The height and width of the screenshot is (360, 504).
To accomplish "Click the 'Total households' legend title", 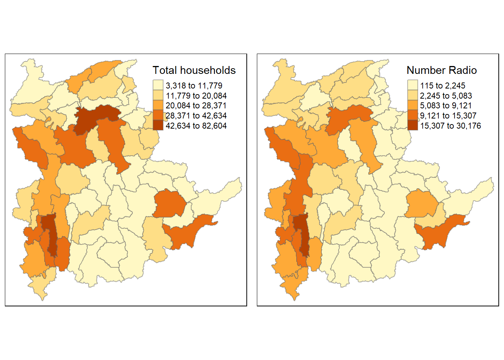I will pos(194,70).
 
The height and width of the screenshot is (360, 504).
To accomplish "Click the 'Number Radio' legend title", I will pos(441,70).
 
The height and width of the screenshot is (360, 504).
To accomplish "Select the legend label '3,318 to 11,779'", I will pos(194,86).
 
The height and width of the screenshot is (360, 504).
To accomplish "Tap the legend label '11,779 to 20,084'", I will pos(196,96).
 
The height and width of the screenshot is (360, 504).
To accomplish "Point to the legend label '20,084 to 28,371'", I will pos(196,106).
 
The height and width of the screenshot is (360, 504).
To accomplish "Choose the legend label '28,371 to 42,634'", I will pos(196,116).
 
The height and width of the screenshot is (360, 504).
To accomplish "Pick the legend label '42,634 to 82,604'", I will pos(196,126).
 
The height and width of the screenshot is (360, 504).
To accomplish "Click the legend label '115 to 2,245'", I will pos(442,86).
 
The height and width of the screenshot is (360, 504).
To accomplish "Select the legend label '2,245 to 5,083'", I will pos(446,96).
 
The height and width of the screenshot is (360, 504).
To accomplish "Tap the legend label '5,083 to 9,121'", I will pos(446,106).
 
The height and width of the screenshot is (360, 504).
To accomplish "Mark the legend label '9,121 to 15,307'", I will pos(448,116).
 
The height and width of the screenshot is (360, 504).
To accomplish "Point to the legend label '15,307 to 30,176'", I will pos(450,126).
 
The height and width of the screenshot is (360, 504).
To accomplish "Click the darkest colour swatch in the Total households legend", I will pos(158,125).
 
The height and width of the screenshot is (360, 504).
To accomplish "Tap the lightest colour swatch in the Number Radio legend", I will pos(412,85).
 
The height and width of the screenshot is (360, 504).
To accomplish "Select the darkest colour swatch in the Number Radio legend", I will pos(412,125).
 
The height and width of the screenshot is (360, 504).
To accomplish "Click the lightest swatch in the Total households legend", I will pos(158,85).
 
